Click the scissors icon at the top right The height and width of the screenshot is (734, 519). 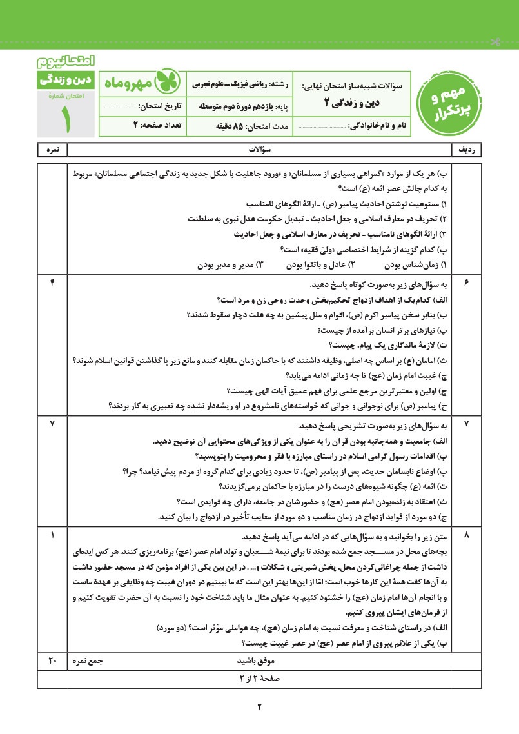tap(496, 42)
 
